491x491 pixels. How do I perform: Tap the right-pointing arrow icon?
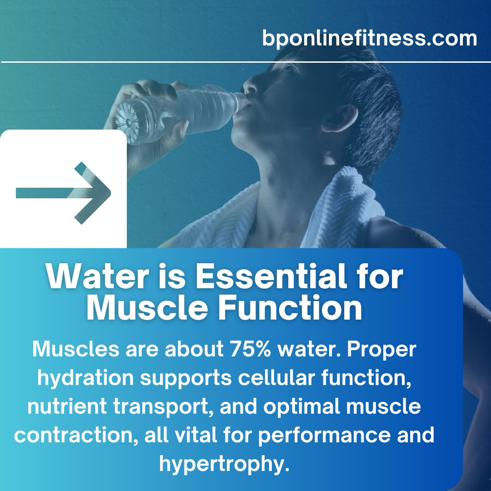click(63, 193)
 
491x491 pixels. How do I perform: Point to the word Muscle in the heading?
click(147, 308)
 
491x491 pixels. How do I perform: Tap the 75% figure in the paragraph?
click(250, 349)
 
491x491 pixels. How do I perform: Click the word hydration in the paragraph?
click(85, 378)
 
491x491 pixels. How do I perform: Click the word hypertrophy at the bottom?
click(224, 464)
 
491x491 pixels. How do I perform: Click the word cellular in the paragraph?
click(276, 378)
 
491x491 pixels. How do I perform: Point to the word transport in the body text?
click(163, 407)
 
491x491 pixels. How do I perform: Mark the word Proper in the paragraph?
click(381, 350)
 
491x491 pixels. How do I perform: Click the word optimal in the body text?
click(301, 407)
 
